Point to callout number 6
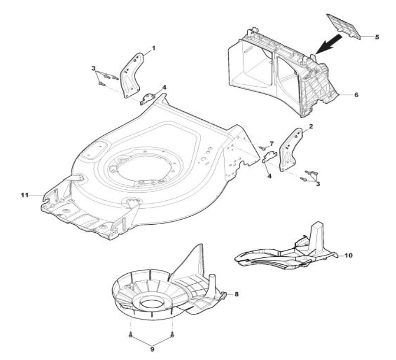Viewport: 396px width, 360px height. [356, 94]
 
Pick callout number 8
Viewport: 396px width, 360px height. [237, 294]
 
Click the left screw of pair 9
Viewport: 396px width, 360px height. [129, 335]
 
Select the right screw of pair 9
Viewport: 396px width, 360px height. [173, 335]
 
